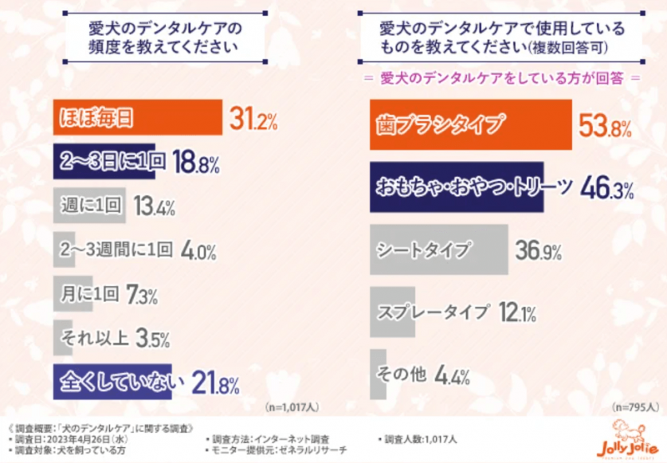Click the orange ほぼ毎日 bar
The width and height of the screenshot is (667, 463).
coord(137,118)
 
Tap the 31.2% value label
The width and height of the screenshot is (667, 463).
coord(253,120)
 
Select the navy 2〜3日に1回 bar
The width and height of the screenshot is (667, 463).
coord(110,162)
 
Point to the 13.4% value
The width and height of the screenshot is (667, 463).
coord(153,208)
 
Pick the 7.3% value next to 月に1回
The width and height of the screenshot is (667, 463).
coord(141,296)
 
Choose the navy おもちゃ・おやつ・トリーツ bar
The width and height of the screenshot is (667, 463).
coord(457,186)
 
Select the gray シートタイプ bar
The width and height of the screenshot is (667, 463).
coord(438,249)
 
